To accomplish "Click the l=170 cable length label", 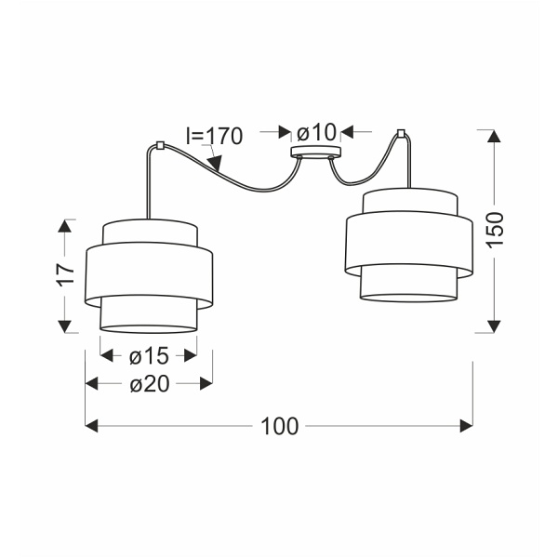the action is click(214, 136).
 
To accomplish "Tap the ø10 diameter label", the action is click(316, 132).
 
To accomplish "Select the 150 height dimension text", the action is click(495, 230).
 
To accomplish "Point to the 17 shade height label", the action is click(66, 273).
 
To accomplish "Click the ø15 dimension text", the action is click(149, 356).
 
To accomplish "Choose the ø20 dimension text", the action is click(150, 384).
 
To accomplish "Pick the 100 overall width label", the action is click(279, 426).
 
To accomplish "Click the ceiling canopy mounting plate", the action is click(315, 152).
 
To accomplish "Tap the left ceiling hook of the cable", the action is click(160, 146).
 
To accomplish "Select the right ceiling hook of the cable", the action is click(401, 133).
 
